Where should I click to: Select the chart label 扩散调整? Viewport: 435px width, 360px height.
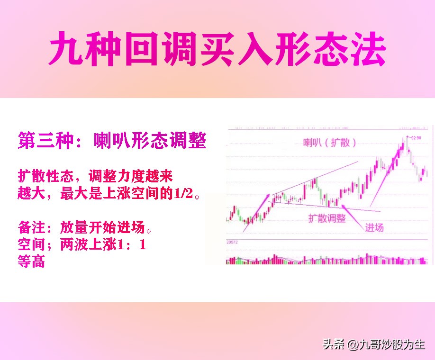[327, 218]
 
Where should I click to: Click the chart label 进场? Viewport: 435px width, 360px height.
[374, 227]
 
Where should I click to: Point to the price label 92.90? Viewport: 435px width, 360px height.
[416, 138]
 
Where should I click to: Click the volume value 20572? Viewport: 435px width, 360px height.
[232, 242]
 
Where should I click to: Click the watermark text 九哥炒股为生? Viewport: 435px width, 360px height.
[392, 345]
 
